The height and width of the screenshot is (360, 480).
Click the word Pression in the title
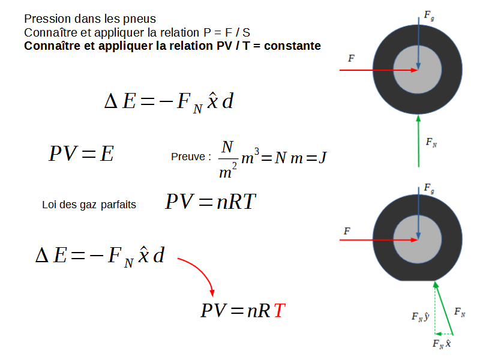pyautogui.click(x=43, y=19)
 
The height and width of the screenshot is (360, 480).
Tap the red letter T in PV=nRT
pyautogui.click(x=279, y=311)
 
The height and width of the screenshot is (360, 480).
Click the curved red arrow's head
pyautogui.click(x=212, y=292)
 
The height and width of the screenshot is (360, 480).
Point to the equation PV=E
pyautogui.click(x=82, y=154)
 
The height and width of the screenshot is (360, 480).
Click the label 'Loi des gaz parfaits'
pyautogui.click(x=89, y=205)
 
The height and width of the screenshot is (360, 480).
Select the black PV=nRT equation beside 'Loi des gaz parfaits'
pyautogui.click(x=211, y=202)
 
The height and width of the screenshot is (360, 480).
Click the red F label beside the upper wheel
pyautogui.click(x=351, y=59)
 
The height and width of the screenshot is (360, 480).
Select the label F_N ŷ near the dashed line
pyautogui.click(x=419, y=316)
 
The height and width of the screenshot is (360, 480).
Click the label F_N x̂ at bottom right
pyautogui.click(x=442, y=344)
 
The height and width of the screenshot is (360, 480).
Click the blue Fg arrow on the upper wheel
pyautogui.click(x=418, y=42)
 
